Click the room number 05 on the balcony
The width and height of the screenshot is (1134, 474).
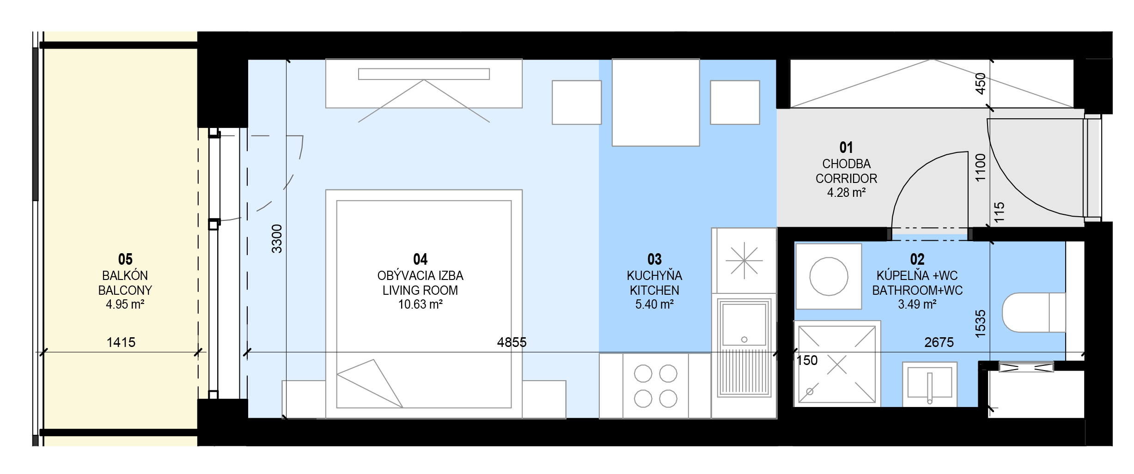coord(125,259)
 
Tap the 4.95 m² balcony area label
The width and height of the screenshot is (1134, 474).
coord(125,304)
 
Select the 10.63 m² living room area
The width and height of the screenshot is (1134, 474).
coord(421,304)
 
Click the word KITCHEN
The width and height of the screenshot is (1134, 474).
coord(654,290)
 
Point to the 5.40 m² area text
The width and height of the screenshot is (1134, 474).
coord(654,304)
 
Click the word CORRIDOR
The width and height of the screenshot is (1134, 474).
coord(846,178)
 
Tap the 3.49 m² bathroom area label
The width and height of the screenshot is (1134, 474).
coord(917,304)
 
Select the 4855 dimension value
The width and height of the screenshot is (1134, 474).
coord(512,342)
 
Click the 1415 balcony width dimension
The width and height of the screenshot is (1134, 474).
coord(121,342)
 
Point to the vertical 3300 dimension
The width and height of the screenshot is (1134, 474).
coord(277,239)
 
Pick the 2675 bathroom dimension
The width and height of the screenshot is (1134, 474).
coord(939,342)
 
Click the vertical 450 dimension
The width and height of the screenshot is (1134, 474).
coord(981,84)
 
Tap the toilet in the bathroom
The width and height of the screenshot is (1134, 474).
coord(1034,312)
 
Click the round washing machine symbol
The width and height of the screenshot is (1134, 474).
coord(829,276)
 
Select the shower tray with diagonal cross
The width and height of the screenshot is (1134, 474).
coord(837,364)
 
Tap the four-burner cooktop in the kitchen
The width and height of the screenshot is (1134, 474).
coord(655,386)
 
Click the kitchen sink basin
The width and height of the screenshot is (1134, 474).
coord(744,324)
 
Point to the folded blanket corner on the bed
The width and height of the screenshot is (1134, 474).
coord(370,383)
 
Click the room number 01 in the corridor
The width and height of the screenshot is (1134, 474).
coord(846,148)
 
